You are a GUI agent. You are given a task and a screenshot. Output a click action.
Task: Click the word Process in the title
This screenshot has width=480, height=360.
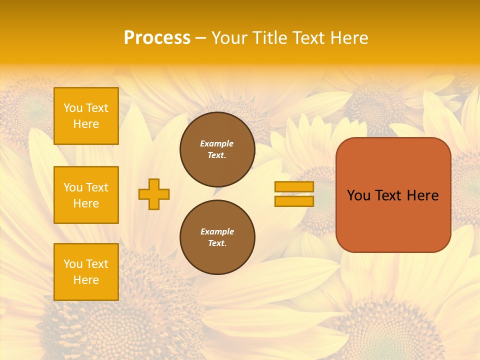(157, 38)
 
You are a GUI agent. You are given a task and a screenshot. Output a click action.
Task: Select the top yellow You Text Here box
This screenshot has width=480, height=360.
(86, 116)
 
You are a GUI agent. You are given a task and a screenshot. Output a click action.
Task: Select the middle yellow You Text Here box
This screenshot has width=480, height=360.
(86, 195)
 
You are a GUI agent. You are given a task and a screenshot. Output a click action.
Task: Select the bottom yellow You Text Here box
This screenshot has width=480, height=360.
(86, 271)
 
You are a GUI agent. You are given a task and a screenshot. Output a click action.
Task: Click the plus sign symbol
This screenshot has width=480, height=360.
(154, 194)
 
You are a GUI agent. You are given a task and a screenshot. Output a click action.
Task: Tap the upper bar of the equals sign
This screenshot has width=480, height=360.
(294, 186)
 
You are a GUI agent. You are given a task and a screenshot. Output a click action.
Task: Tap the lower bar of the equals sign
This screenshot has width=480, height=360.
(294, 201)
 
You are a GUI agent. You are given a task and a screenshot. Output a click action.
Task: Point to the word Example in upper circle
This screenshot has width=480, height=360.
(217, 143)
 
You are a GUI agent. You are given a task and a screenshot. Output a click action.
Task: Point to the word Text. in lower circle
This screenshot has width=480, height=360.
(217, 243)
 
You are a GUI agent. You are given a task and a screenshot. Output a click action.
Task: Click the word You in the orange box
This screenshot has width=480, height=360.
(358, 195)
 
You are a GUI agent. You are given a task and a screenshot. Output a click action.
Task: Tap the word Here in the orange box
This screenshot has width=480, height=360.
(422, 195)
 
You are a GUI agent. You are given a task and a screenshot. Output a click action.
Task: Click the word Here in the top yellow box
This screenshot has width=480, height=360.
(86, 124)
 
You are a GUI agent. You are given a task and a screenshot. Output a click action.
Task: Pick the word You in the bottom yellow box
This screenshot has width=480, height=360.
(73, 263)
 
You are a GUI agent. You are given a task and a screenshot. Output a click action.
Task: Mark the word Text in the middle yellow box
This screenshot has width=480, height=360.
(97, 187)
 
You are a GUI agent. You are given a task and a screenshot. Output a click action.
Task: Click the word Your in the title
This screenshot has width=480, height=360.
(228, 38)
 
